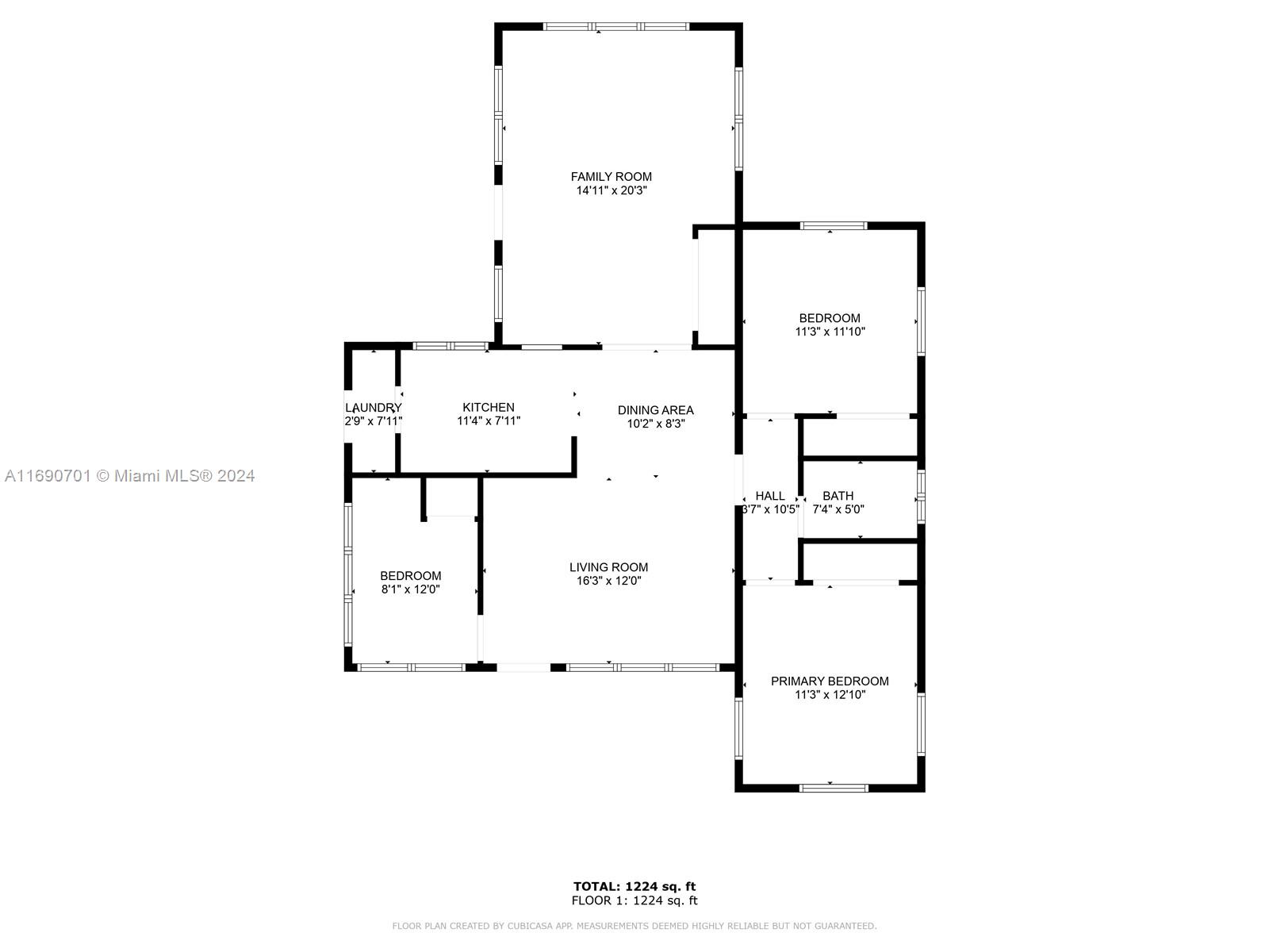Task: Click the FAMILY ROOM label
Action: click(611, 177)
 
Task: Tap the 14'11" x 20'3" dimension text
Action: click(611, 191)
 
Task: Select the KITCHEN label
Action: click(489, 407)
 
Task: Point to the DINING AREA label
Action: click(655, 410)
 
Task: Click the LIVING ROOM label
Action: click(608, 567)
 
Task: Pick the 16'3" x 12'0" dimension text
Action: click(608, 581)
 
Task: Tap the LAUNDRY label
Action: click(373, 408)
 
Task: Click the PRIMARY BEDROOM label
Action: click(830, 681)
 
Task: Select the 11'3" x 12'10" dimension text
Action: click(830, 695)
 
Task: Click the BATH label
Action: click(838, 496)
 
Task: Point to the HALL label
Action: click(769, 496)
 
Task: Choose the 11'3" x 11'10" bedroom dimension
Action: click(830, 332)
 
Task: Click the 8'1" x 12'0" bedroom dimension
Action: click(410, 589)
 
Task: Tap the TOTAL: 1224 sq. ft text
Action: click(634, 886)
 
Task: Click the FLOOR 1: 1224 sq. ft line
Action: click(634, 900)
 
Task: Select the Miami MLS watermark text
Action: click(129, 476)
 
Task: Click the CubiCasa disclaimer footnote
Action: click(634, 926)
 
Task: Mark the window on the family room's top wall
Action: click(616, 26)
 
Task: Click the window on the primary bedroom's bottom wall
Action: click(833, 788)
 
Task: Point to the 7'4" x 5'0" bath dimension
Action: click(838, 510)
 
